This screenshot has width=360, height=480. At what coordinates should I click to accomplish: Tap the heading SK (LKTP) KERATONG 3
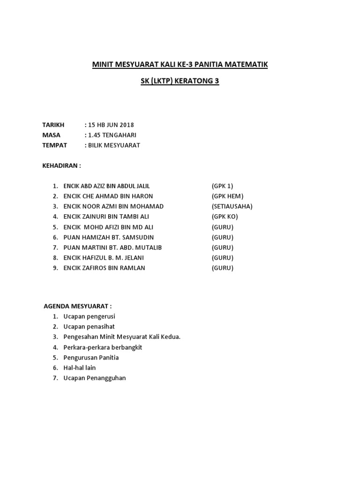(180, 81)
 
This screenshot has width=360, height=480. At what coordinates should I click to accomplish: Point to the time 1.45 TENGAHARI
(112, 135)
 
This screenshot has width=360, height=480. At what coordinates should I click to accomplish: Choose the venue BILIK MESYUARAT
(113, 145)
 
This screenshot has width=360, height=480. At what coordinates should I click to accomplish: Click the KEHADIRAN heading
(61, 165)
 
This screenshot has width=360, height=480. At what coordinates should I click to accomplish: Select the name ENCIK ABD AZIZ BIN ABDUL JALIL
(106, 186)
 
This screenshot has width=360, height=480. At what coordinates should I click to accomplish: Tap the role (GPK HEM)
(227, 196)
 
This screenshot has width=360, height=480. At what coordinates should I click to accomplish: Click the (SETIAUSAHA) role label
(232, 207)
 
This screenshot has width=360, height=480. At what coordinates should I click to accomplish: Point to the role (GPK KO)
(225, 217)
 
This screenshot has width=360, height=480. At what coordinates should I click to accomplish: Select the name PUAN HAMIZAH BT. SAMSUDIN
(108, 238)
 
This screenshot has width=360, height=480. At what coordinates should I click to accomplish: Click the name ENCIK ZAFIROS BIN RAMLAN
(104, 268)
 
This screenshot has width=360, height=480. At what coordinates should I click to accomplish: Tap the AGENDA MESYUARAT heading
(77, 306)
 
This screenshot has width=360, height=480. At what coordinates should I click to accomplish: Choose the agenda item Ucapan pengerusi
(89, 316)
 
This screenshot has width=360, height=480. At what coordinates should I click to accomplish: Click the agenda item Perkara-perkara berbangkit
(102, 347)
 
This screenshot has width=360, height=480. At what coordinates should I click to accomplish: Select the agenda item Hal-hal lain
(79, 368)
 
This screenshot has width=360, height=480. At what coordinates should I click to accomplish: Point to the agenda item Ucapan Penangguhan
(95, 378)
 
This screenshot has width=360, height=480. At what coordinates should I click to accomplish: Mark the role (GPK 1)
(222, 186)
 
